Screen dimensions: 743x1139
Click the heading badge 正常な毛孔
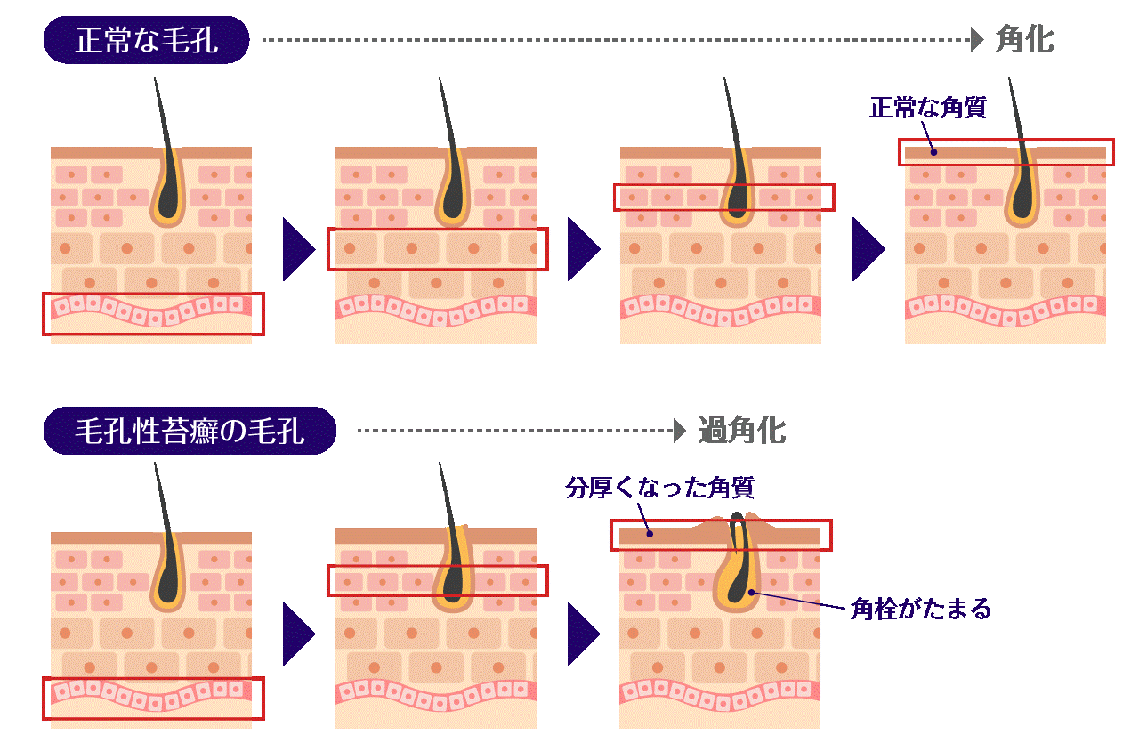tap(146, 40)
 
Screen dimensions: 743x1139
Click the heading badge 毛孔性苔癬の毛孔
tap(190, 432)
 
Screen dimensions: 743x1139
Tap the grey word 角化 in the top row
tap(1024, 40)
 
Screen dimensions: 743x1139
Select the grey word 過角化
tap(742, 431)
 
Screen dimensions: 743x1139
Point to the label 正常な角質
tap(927, 109)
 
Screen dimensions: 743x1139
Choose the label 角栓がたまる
tap(920, 609)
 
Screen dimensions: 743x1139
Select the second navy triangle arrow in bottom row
tap(584, 634)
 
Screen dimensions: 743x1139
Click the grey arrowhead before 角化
tap(978, 40)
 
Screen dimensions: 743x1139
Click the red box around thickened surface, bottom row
tap(721, 536)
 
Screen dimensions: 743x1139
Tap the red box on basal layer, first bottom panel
tap(153, 698)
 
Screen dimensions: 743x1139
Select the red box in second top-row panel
tap(437, 249)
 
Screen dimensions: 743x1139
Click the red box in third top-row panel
tap(723, 197)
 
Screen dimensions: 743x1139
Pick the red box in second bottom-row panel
tap(437, 581)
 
